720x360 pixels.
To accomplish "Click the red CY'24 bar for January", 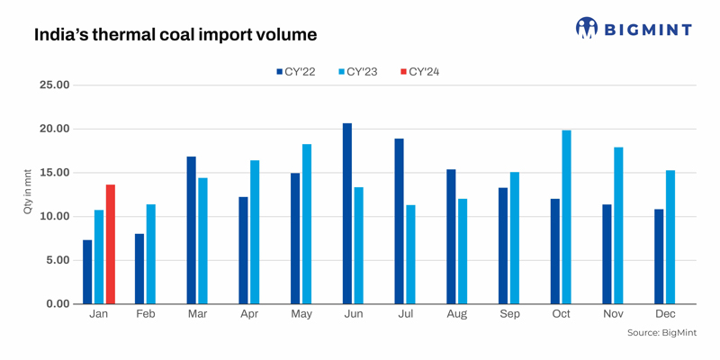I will click(x=111, y=244).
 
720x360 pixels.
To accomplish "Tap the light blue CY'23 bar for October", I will click(x=566, y=217).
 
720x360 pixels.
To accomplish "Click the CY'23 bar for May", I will click(x=307, y=224).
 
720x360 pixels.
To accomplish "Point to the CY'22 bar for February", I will click(x=139, y=268).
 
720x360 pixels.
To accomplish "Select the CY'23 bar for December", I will click(x=670, y=237).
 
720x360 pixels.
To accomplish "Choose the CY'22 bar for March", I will click(x=192, y=230).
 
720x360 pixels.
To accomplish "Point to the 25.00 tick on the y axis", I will click(x=51, y=85).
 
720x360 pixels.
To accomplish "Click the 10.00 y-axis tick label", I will click(x=51, y=217).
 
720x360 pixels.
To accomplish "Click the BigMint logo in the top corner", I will click(x=634, y=29).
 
